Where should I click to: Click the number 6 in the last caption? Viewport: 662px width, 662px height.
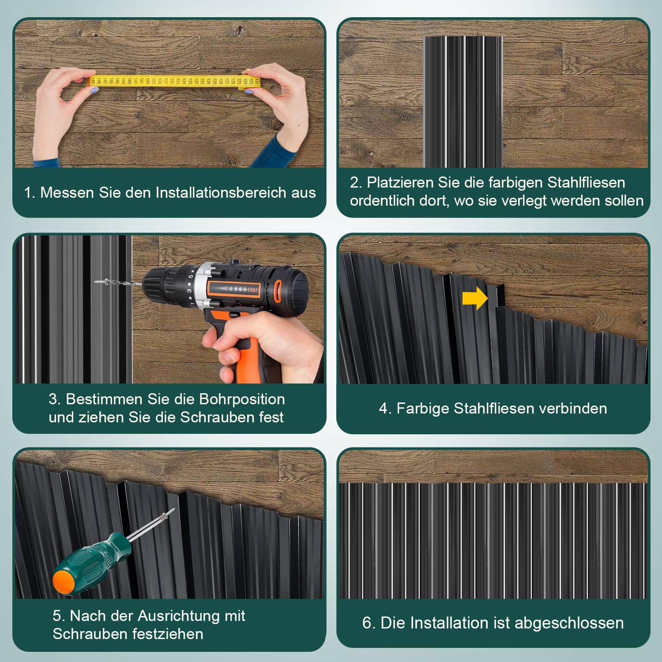(367, 623)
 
